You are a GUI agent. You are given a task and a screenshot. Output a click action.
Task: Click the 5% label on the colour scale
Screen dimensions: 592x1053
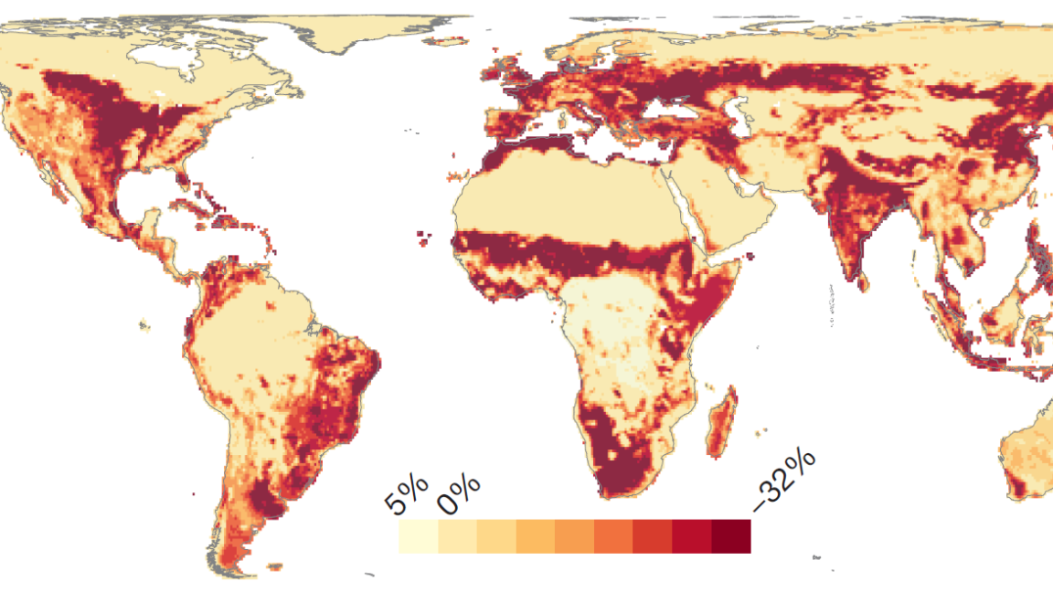(x=404, y=499)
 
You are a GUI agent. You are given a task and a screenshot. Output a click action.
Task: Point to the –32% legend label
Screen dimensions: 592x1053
(x=783, y=481)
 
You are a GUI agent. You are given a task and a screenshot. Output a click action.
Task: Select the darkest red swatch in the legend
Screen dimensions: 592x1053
(x=731, y=536)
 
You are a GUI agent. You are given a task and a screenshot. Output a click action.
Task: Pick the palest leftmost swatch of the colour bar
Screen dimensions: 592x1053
(x=418, y=536)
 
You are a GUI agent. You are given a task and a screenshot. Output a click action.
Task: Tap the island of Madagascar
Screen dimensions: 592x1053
(x=720, y=423)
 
